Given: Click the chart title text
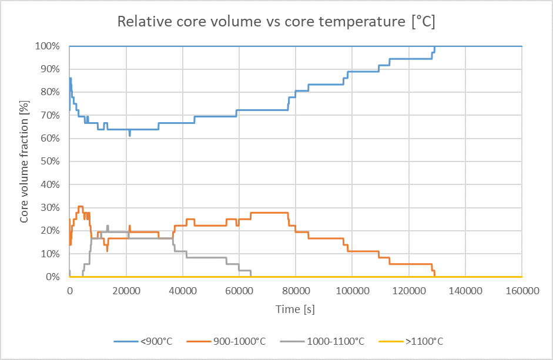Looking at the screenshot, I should click(x=276, y=22).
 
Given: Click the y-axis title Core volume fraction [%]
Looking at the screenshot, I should click(x=25, y=162).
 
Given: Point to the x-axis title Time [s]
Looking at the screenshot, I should click(x=296, y=309).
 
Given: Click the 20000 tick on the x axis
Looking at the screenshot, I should click(x=126, y=290).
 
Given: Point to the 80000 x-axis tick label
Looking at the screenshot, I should click(x=296, y=290).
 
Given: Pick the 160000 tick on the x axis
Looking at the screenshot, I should click(x=522, y=290).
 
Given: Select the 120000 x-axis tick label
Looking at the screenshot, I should click(x=408, y=290).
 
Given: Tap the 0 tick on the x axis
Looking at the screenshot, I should click(x=69, y=290).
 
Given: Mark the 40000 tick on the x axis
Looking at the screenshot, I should click(x=182, y=290).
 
